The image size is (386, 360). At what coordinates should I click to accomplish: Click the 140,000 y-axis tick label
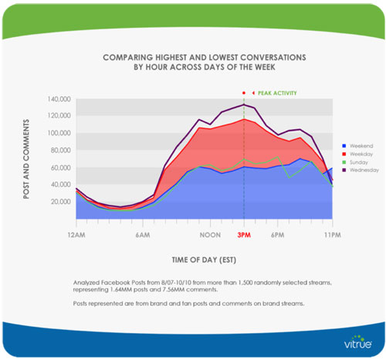pos(59,99)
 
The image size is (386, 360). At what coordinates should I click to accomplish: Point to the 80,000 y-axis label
pos(61,150)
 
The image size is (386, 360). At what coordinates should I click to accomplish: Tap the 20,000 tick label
pos(61,202)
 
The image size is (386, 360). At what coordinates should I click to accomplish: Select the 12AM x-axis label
pos(76,235)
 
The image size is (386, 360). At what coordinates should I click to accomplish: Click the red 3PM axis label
pos(244,235)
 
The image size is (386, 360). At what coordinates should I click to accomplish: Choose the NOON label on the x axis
pos(210,235)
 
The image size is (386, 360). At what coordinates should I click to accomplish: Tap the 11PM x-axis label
pos(333,235)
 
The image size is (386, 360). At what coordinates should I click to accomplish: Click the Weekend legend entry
pos(358,146)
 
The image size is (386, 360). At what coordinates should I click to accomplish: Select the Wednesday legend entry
pos(361,170)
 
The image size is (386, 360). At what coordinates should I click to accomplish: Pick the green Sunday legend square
pos(344,162)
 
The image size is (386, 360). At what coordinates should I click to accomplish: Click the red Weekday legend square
pos(344,154)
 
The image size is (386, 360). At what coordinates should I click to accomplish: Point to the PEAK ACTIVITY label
pos(277,93)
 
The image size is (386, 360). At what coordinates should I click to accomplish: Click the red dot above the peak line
pos(244,93)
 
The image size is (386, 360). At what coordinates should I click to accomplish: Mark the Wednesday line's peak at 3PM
pos(244,104)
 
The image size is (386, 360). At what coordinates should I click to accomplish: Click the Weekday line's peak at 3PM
pos(244,119)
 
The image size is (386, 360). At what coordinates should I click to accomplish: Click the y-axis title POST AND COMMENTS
pos(26,159)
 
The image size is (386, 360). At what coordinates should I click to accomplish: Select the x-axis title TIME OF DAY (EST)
pos(204,260)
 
